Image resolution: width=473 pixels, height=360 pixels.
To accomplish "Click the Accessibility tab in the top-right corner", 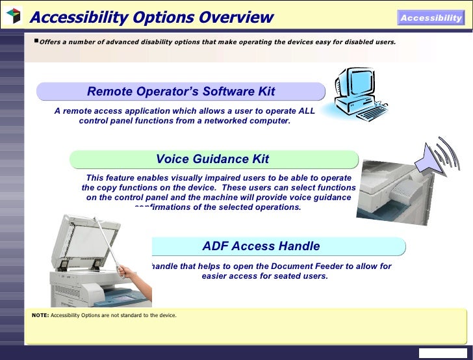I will tap(431, 18).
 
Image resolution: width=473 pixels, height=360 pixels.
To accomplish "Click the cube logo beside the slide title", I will tap(13, 16).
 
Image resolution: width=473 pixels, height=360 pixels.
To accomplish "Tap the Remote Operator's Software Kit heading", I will tap(181, 91).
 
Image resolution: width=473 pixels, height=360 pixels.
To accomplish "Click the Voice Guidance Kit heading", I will tap(212, 159).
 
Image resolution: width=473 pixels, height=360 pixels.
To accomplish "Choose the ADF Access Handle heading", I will tap(261, 246).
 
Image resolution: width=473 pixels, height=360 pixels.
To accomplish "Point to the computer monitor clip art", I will tap(352, 90).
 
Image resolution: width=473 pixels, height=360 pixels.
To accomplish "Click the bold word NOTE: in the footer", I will tap(40, 316).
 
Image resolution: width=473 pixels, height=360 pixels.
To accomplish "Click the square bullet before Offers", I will tap(36, 41).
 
